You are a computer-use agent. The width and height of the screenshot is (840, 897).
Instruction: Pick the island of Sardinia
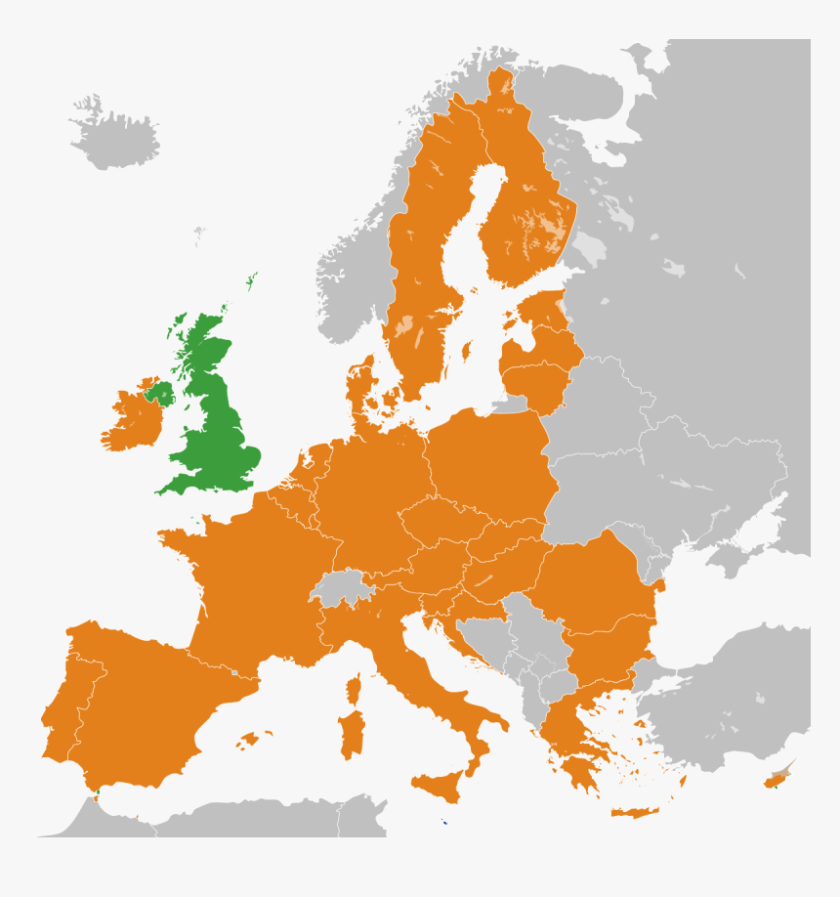[351, 733]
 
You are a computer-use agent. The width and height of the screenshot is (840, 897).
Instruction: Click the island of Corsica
[355, 689]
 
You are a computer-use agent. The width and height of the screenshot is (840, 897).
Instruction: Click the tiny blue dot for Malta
[444, 822]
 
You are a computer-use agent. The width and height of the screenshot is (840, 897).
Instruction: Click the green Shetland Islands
[252, 282]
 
